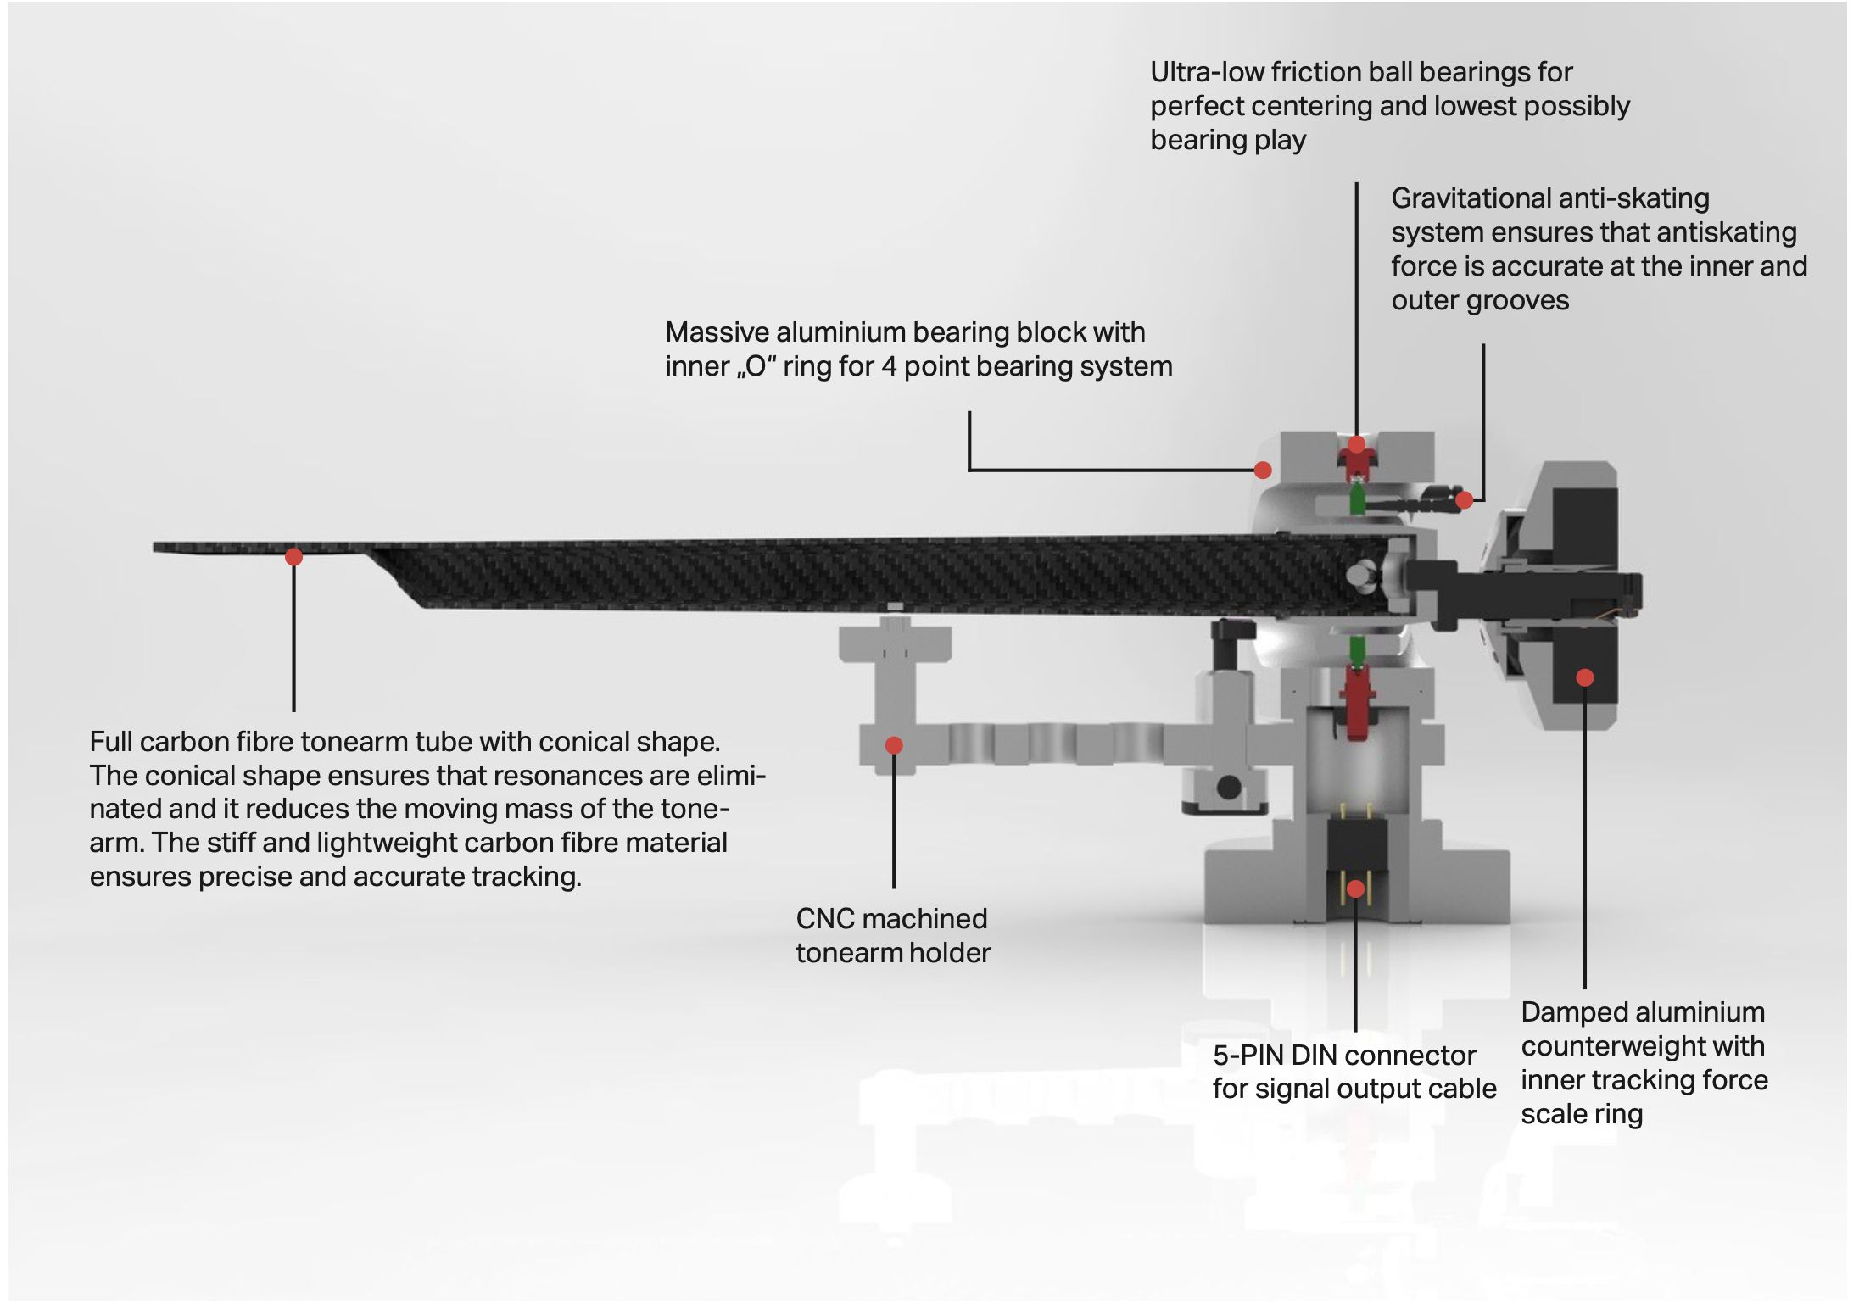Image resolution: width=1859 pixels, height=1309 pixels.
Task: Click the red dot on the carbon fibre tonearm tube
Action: [293, 557]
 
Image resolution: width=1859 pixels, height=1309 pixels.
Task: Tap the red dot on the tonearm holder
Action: [894, 745]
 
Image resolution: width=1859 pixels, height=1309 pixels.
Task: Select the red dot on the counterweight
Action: [1584, 677]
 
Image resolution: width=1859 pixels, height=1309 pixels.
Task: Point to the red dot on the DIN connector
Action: [1355, 888]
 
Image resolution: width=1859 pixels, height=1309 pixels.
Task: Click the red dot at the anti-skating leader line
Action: [1464, 500]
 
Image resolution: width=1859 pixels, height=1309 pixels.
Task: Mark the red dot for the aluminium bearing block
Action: [1263, 470]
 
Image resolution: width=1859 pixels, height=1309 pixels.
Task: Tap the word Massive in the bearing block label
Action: [717, 332]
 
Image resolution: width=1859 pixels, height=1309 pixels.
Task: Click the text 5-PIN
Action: [1248, 1056]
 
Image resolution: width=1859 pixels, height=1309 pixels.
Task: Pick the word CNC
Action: [824, 919]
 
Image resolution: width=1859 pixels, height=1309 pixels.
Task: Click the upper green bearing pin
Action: [1356, 499]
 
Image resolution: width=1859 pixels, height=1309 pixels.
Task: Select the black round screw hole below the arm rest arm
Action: [1229, 787]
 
